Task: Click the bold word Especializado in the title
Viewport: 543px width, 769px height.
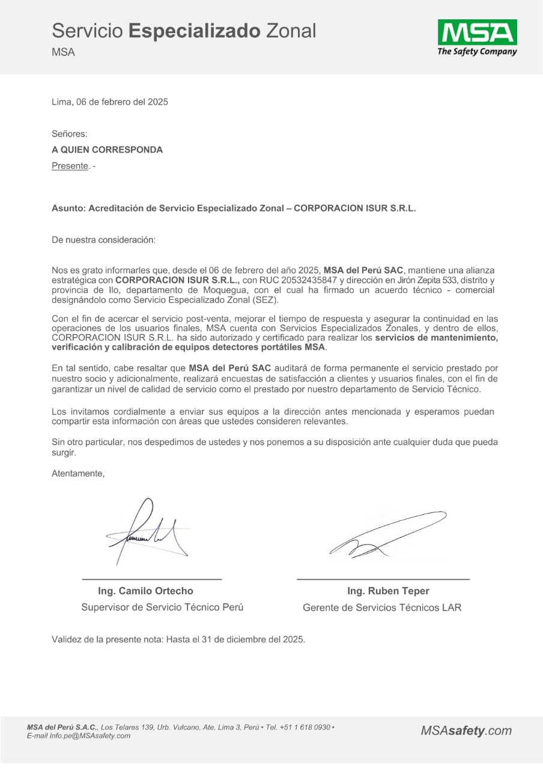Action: click(195, 30)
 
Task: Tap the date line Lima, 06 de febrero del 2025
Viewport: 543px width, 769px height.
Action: click(110, 102)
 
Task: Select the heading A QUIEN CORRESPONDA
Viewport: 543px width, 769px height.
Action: click(107, 150)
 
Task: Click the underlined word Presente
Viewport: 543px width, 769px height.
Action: click(70, 166)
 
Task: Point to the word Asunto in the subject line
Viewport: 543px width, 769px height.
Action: click(68, 208)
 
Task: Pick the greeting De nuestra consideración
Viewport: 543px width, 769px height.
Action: click(103, 240)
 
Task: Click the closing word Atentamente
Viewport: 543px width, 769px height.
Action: click(78, 473)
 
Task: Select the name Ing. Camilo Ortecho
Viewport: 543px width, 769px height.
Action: click(146, 591)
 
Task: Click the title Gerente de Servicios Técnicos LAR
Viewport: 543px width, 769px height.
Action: click(382, 607)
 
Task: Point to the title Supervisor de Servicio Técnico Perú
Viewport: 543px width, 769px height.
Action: click(162, 607)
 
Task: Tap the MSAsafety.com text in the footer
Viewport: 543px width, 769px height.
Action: click(466, 731)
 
